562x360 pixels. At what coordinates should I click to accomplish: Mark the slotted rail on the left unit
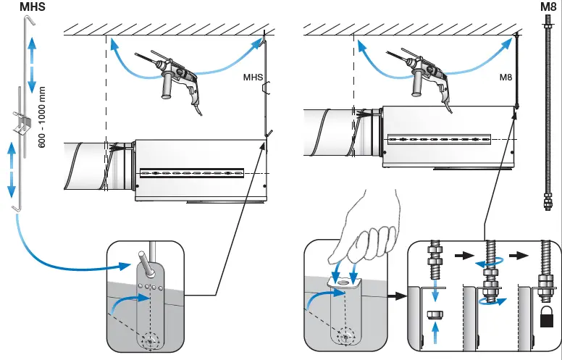coord(192,173)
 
